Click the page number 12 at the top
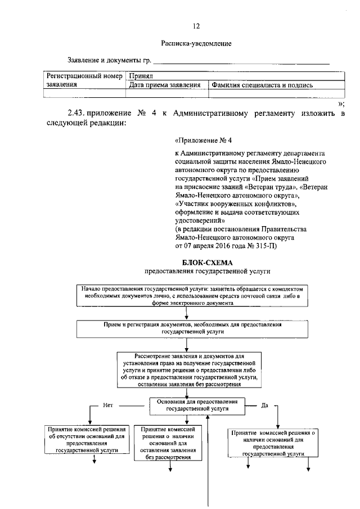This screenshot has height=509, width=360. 196,25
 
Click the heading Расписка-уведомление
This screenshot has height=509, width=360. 196,43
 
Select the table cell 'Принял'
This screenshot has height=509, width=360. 141,76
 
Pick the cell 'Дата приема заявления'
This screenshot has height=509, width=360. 165,85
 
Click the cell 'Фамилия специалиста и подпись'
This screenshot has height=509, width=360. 262,85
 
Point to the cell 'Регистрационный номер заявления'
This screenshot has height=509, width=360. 84,80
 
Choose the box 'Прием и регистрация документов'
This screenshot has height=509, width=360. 192,328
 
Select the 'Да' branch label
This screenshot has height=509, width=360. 265,404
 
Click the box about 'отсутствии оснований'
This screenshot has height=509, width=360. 87,439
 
